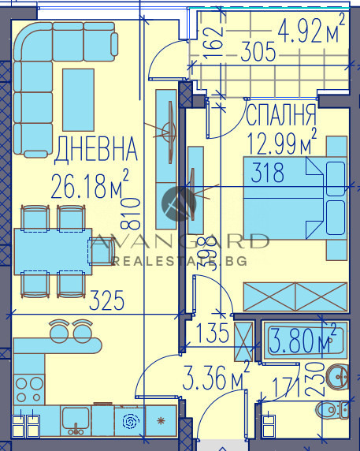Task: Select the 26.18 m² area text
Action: pyautogui.click(x=88, y=188)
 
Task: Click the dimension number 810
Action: pyautogui.click(x=139, y=211)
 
